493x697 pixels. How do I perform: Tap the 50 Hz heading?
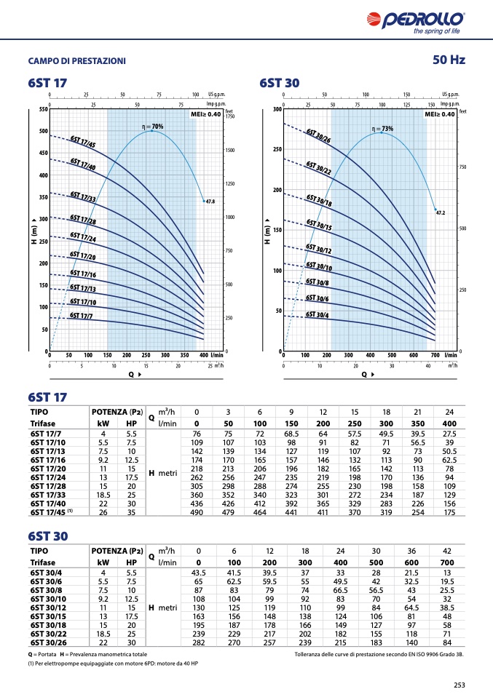coord(448,60)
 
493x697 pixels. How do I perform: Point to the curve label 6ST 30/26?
coord(318,136)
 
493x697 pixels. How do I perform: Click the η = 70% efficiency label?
coord(152,127)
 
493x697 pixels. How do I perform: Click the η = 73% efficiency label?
coord(382,129)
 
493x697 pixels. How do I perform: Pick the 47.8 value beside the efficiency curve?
coord(211,201)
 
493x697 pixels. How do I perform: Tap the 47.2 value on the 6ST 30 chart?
coord(440,212)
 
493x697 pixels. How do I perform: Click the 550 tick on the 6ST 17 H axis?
coord(42,110)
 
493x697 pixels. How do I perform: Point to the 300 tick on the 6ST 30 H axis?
coord(277,110)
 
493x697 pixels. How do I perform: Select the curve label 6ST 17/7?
coord(81,316)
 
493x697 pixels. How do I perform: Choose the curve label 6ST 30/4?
coord(317,314)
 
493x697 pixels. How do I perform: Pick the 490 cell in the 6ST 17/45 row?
coord(197,512)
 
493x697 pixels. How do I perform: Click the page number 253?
coord(459,684)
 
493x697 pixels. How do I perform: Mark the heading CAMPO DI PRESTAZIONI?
coord(76,60)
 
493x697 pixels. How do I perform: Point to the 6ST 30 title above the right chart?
coord(279,84)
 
